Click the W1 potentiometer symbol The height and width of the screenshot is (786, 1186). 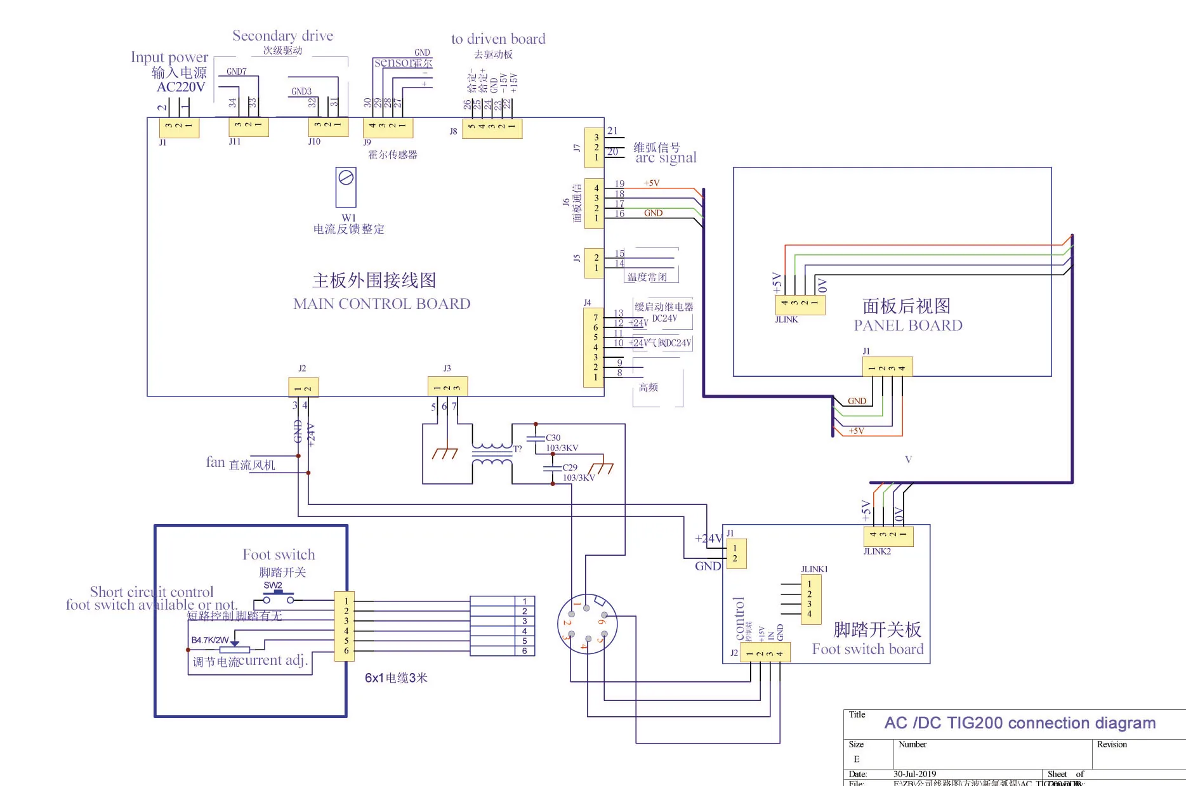coord(346,186)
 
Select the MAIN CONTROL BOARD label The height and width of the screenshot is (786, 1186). coord(381,304)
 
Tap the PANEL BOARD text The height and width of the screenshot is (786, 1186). coord(907,325)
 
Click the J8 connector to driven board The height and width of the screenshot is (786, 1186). coord(492,127)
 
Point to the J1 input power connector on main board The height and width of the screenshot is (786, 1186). coord(179,127)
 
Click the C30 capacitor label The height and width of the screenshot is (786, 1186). coord(553,438)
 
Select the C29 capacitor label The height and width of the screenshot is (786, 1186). coord(569,468)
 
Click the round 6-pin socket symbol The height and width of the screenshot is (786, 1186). coord(587,624)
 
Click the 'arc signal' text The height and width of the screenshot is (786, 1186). coord(666,157)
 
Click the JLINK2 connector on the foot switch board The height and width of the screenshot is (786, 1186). coord(888,536)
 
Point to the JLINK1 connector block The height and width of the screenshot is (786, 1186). coord(810,599)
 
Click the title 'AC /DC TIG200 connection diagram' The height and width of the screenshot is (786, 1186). coord(1019,723)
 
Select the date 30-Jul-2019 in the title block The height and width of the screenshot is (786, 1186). coord(914,774)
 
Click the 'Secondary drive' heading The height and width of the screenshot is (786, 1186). coord(282,36)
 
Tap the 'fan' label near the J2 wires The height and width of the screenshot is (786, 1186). coord(215,462)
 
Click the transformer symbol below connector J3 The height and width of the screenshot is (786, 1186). coord(492,455)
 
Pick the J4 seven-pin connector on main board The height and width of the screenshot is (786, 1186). coord(594,347)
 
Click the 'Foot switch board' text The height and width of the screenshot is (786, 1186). coord(867,649)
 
